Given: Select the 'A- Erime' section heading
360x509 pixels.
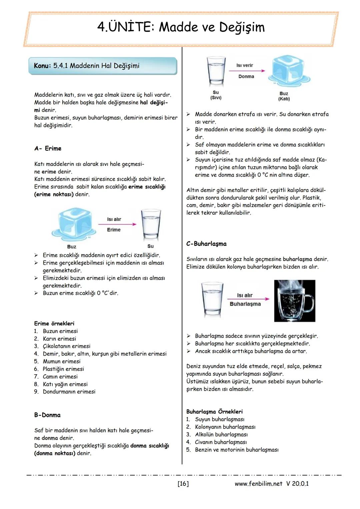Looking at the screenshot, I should [48, 148].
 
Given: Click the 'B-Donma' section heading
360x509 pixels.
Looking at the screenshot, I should [47, 415].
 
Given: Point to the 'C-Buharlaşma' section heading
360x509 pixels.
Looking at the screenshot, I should [206, 244].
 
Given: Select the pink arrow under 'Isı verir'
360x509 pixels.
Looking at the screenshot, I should [247, 71].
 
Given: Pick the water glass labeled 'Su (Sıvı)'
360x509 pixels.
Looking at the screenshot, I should [216, 71].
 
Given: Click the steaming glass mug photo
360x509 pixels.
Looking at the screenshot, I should [294, 301].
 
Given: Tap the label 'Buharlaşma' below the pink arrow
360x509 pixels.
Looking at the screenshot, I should [245, 304].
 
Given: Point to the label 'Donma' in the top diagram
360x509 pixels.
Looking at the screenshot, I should [246, 76].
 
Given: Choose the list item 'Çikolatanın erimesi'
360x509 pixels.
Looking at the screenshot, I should [66, 346].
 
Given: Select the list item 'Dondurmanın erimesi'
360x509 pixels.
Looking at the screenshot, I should [69, 392].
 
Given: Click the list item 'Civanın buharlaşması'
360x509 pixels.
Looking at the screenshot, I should [221, 442].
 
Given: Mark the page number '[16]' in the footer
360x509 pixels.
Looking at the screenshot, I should [183, 483].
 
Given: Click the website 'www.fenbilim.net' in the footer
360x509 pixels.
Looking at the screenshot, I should [258, 483].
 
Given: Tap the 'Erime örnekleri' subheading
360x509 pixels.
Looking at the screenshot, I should [54, 323].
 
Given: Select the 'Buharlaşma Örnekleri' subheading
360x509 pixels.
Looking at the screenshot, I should [214, 412].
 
